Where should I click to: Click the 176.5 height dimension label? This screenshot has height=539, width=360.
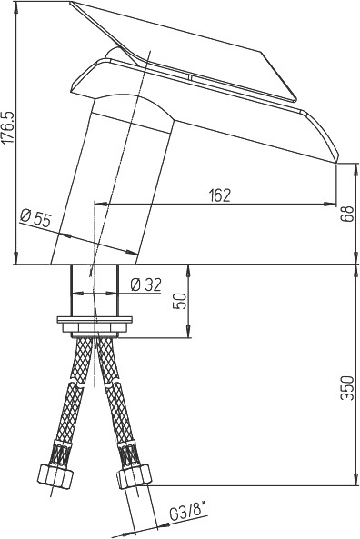8,127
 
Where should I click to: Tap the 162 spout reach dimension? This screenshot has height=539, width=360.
219,195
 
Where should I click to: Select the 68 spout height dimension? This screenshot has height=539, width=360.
348,214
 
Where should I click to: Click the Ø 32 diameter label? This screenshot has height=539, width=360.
145,284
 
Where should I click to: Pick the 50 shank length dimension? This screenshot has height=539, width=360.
181,302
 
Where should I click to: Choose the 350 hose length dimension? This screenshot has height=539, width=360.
347,388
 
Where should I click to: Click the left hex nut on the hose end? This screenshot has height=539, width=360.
55,475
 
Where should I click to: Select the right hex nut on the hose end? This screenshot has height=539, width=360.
135,475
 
